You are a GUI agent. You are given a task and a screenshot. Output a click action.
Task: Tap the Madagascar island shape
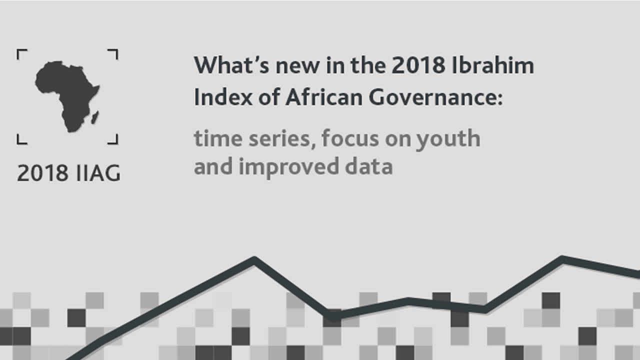95,117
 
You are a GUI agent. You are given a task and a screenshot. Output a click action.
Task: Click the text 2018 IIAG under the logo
68,173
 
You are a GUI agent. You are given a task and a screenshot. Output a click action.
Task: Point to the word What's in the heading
231,65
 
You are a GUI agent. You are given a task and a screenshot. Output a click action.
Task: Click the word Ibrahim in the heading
493,65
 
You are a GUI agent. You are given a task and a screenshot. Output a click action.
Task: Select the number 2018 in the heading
418,65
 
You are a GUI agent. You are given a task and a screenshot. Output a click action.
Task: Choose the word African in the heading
324,97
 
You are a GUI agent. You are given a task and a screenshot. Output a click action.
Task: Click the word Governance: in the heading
435,97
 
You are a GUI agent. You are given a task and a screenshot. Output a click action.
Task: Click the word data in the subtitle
369,166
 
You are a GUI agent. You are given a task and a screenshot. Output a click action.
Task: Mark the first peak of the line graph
254,259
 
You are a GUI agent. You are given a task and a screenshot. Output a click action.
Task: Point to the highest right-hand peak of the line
562,259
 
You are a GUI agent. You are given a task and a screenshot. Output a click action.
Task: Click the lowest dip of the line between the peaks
332,315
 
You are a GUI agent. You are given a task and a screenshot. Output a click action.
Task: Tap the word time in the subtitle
218,138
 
